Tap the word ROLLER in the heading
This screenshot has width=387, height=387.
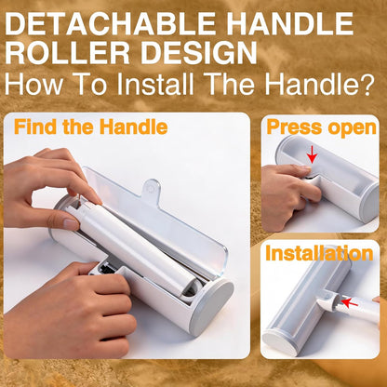pyautogui.click(x=67, y=53)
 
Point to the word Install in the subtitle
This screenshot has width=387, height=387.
pyautogui.click(x=155, y=83)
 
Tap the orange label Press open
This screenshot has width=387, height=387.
pyautogui.click(x=321, y=127)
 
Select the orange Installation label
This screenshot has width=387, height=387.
pyautogui.click(x=319, y=253)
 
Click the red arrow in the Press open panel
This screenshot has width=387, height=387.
pyautogui.click(x=312, y=154)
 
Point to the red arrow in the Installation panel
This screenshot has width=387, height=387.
pyautogui.click(x=350, y=301)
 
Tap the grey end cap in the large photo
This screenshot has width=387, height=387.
pyautogui.click(x=212, y=307)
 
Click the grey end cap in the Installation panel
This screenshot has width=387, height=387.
pyautogui.click(x=279, y=342)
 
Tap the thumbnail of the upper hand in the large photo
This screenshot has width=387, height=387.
pyautogui.click(x=71, y=224)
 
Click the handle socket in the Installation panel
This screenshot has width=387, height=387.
pyautogui.click(x=328, y=300)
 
